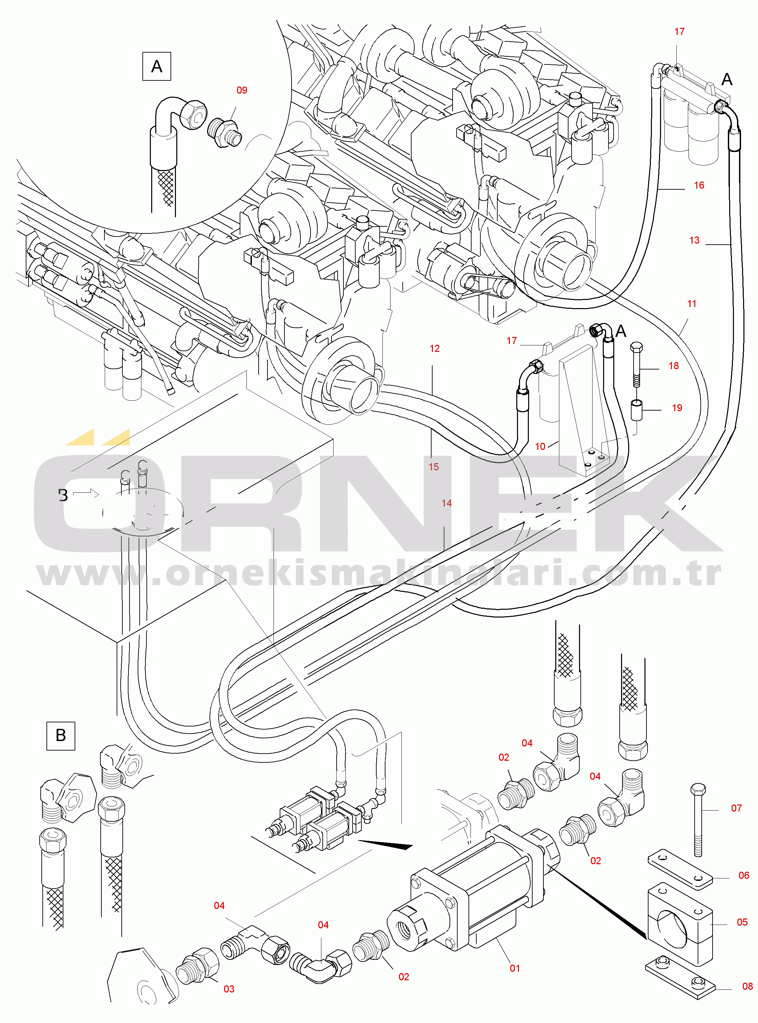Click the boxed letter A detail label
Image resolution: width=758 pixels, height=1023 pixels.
(157, 67)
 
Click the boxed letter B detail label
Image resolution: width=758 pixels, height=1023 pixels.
(61, 736)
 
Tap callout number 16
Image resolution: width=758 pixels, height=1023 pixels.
(699, 186)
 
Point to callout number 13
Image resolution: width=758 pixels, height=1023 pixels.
(694, 241)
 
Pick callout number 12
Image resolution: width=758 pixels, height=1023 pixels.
(435, 349)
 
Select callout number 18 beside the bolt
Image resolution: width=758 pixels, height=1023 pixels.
(674, 366)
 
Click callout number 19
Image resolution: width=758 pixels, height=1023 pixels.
(677, 408)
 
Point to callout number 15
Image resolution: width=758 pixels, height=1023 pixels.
(434, 467)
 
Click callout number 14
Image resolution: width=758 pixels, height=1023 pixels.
(446, 504)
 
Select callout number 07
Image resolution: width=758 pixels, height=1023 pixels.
(736, 809)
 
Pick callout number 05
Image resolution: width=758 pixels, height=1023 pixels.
(742, 923)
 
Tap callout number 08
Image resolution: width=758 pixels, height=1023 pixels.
(747, 987)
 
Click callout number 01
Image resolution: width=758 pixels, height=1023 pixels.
(515, 968)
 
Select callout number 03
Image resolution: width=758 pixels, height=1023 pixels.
(229, 989)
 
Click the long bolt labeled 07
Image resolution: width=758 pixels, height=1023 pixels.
(698, 820)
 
